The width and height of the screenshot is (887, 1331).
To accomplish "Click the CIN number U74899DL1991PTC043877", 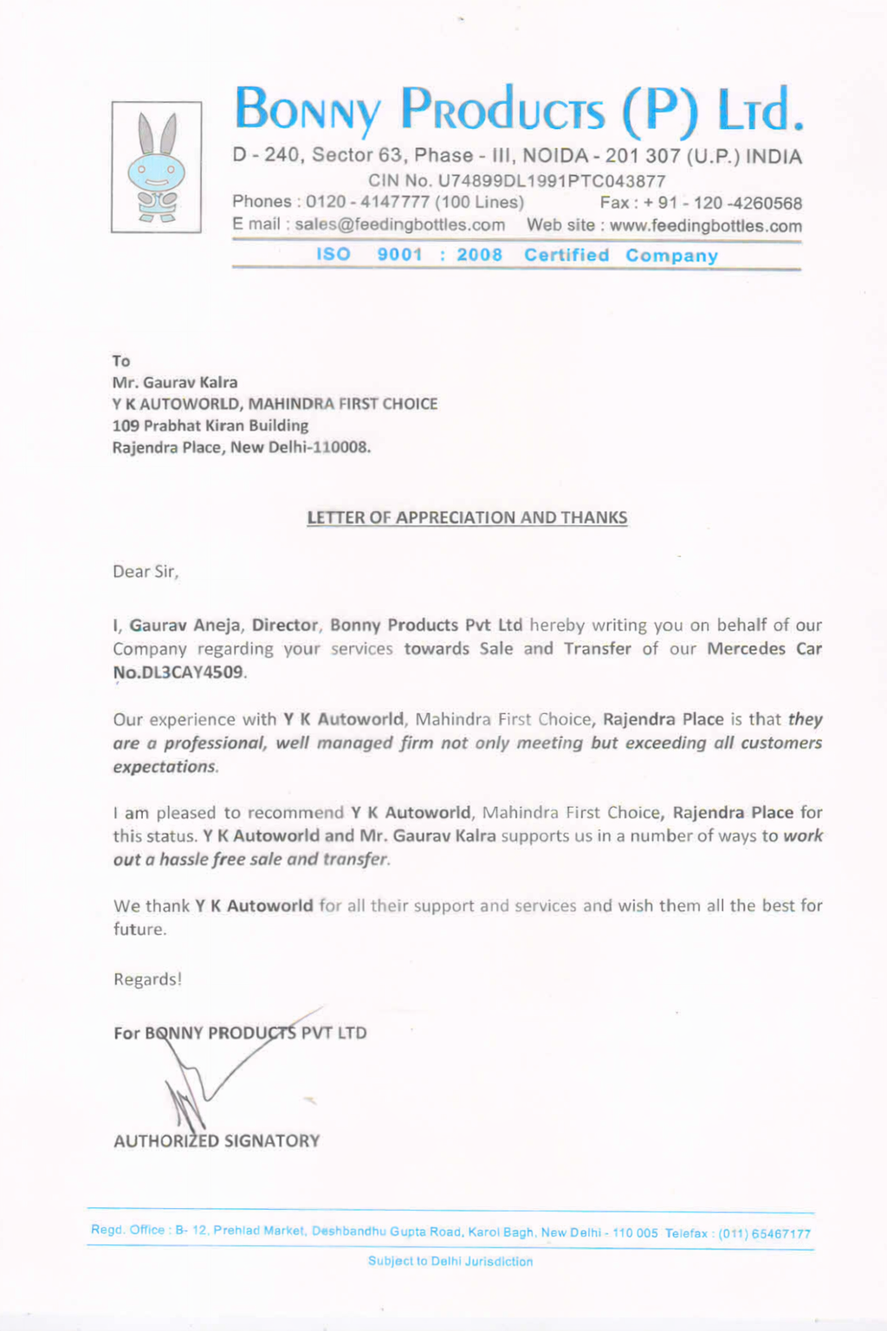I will tap(551, 181).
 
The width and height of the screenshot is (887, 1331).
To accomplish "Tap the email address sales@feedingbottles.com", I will tap(399, 224).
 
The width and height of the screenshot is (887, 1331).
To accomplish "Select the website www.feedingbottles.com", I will tap(705, 226).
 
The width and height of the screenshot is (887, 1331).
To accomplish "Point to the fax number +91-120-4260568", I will tap(722, 204).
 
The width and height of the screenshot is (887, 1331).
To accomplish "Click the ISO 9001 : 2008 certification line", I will tap(516, 255).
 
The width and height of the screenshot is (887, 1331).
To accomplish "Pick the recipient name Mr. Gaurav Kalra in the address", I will tap(175, 382).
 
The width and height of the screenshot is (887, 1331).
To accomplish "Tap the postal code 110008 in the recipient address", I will tap(341, 447).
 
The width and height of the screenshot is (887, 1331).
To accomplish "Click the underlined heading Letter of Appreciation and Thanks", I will tap(467, 518).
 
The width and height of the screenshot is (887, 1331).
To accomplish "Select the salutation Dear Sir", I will tap(146, 572).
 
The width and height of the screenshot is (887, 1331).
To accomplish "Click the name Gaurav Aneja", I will tap(186, 626).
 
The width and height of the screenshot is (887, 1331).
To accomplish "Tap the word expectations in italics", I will tap(165, 767).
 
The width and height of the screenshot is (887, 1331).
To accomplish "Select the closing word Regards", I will tap(147, 980).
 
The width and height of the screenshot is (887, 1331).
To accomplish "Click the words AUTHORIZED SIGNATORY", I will tap(217, 1141).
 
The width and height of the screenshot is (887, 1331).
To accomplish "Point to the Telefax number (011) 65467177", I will tap(764, 1234).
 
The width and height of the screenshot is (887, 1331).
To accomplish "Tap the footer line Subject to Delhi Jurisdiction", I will tap(450, 1262).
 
